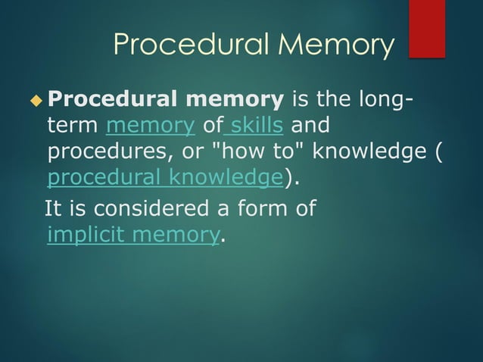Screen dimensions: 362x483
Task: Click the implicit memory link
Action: point(132,236)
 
